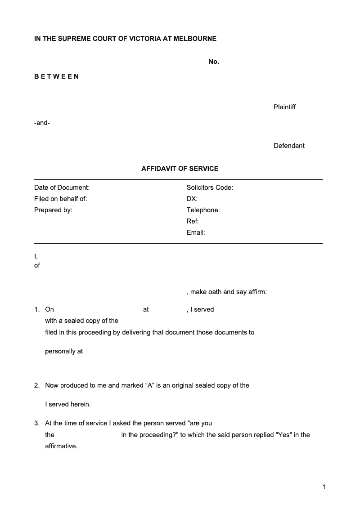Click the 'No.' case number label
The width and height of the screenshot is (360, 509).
click(214, 62)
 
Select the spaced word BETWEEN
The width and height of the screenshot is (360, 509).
click(57, 76)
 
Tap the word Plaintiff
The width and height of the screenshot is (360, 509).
click(284, 107)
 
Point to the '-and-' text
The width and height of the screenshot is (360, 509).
click(42, 123)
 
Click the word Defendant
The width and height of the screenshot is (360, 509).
click(289, 146)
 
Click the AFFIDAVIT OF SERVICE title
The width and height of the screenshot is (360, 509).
click(180, 169)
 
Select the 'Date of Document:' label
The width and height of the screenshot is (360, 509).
click(62, 188)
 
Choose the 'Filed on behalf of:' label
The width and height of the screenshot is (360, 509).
click(61, 199)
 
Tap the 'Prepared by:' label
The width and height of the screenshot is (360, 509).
click(53, 210)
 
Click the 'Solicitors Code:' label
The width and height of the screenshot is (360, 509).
click(210, 188)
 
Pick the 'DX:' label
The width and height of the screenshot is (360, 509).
click(192, 199)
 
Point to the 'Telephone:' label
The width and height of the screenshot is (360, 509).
click(203, 210)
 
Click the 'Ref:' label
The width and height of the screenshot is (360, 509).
click(193, 221)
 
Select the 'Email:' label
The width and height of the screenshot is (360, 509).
click(196, 232)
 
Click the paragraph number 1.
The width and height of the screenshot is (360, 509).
click(36, 309)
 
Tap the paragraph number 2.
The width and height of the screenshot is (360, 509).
click(36, 385)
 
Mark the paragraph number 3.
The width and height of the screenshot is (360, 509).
click(36, 423)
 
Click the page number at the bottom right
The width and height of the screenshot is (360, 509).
click(324, 487)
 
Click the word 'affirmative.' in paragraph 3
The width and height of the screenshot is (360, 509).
click(61, 446)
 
